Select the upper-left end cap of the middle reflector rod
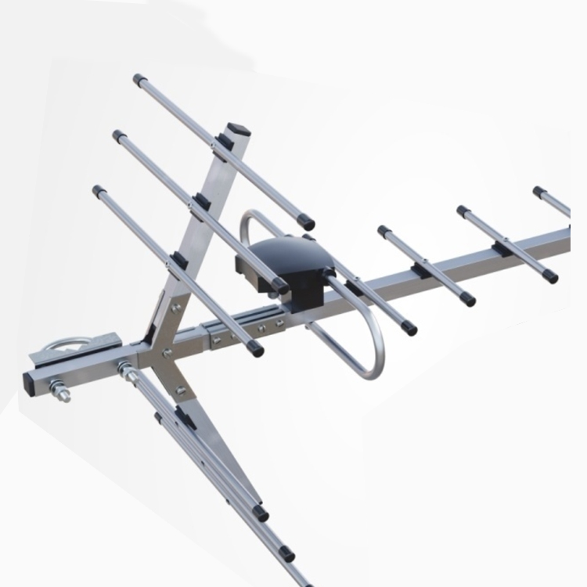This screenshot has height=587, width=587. coord(121,137)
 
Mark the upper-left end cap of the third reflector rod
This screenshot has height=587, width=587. coord(99,190)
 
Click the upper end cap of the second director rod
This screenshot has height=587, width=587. coord(384,232)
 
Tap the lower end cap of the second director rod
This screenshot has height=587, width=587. coord(468,299)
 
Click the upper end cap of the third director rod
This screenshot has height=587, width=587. coord(463,211)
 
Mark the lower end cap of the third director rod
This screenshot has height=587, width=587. coord(550,275)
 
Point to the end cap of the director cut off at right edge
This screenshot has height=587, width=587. coord(539,192)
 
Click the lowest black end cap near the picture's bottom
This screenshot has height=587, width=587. coord(286,553)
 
